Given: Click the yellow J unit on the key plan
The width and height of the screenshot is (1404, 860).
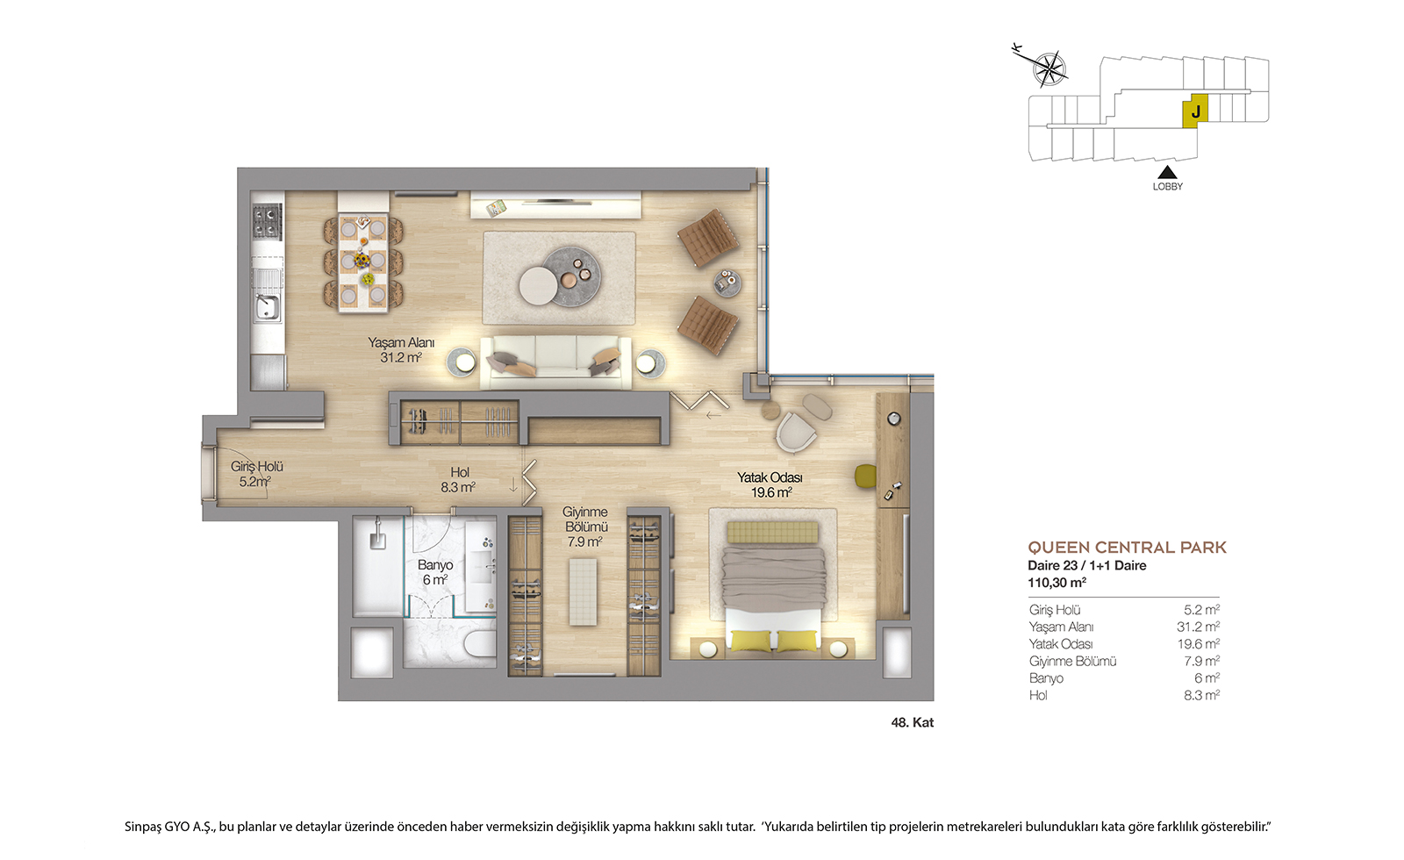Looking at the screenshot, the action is click(1194, 111).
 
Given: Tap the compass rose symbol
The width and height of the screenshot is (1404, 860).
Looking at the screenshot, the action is click(1049, 68).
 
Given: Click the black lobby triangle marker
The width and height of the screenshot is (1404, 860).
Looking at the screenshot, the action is click(1167, 172).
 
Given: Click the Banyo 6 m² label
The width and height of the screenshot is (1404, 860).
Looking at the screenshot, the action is click(435, 572).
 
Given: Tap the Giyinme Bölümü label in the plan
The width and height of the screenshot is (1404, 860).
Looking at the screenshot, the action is click(585, 527).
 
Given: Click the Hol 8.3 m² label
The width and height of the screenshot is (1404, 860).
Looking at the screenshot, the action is click(458, 479).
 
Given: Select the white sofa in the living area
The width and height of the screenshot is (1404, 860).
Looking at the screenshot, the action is click(555, 362).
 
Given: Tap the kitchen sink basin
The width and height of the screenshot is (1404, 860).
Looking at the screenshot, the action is click(267, 307).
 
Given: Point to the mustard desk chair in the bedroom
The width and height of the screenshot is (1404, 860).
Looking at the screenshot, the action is click(865, 475).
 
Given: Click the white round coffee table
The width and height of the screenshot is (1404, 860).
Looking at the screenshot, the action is click(539, 286).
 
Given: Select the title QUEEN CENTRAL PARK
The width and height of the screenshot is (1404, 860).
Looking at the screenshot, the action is click(1127, 548).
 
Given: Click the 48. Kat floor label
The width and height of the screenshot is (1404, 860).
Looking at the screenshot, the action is click(913, 723).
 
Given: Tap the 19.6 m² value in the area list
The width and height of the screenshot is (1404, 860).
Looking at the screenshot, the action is click(1199, 644).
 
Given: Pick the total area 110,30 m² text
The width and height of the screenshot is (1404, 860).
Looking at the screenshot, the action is click(1057, 583).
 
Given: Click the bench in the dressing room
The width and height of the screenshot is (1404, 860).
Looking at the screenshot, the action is click(583, 591).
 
